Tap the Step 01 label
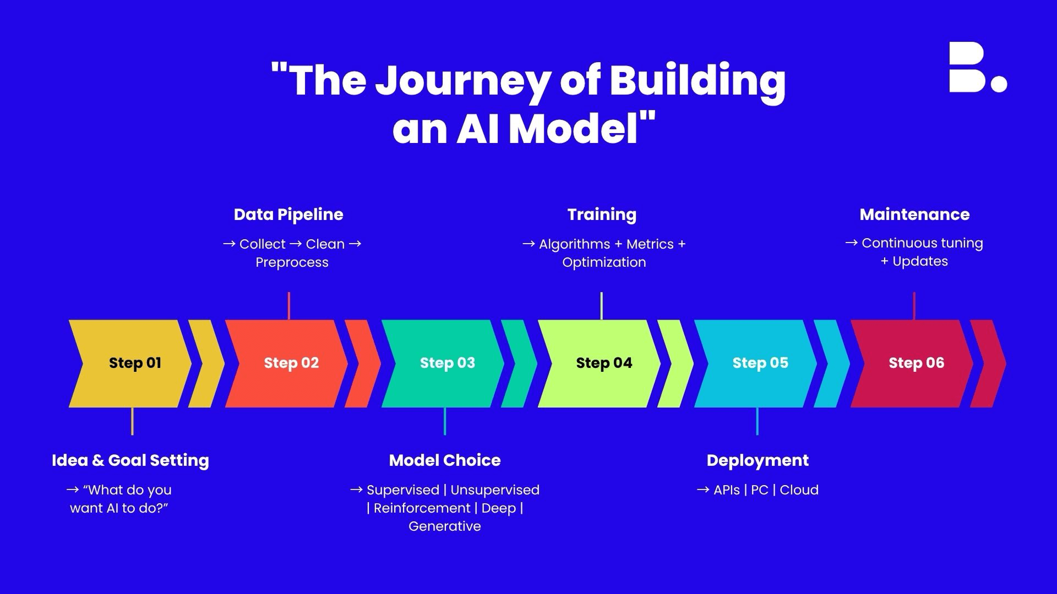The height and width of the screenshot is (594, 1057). point(135,363)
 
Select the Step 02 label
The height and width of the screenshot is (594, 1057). point(291,363)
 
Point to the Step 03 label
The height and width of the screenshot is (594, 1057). point(448,363)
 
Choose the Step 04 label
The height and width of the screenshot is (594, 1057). point(604,363)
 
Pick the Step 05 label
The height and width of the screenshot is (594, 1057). point(760,363)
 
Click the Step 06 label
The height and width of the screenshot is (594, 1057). point(917,363)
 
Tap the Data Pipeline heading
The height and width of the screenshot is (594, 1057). point(288,215)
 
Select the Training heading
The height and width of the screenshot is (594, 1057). point(602,215)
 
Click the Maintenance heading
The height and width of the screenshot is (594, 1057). point(914,215)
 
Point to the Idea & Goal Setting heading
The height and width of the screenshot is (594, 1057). point(130,460)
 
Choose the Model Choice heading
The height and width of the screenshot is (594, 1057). point(445,460)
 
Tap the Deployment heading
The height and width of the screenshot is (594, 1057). point(758,460)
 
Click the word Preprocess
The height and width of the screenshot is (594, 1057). point(292,262)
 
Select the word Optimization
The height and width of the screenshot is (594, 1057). point(604,262)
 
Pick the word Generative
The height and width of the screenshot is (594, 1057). point(445,526)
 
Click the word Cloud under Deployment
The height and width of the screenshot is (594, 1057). point(799,490)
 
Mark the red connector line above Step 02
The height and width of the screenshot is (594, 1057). point(289,306)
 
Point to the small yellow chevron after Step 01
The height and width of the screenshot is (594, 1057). point(206,364)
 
